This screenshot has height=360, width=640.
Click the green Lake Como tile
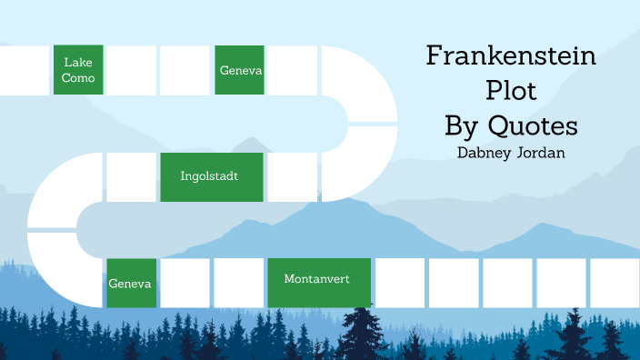(78, 70)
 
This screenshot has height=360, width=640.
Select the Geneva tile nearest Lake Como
(240, 70)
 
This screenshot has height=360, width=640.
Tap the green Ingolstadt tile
(212, 176)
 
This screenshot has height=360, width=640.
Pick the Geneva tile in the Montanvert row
(130, 283)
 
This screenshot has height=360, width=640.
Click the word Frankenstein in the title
(511, 56)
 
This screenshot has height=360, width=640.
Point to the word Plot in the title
(511, 90)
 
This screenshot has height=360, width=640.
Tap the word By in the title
(463, 124)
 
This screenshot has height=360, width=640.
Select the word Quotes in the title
(536, 124)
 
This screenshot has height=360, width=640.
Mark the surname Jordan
(544, 152)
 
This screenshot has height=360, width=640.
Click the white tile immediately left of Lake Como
(23, 70)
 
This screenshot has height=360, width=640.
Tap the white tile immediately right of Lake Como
(131, 70)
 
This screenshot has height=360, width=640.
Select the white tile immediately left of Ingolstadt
(131, 176)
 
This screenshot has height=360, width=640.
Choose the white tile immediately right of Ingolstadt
(292, 176)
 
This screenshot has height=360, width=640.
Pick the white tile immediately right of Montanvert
(400, 283)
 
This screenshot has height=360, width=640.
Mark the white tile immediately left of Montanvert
(238, 283)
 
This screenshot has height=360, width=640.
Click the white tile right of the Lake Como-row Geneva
(293, 70)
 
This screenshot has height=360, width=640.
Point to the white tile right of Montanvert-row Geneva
(185, 283)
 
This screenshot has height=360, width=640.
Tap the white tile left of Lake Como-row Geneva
(185, 70)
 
